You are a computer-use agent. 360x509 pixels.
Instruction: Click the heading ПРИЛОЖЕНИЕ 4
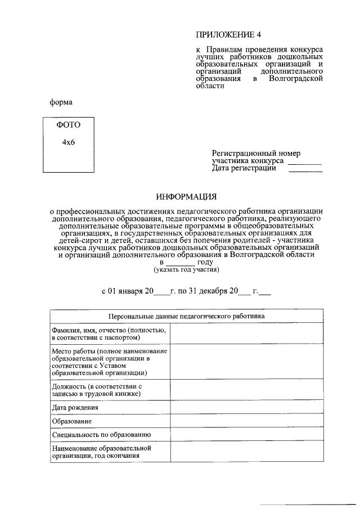tap(228, 34)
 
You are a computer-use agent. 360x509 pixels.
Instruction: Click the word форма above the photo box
tap(61, 102)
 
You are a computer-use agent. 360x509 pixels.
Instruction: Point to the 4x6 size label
tap(69, 142)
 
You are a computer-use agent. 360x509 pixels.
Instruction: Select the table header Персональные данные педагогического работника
tap(186, 316)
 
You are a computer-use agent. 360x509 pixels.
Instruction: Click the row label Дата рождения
tap(75, 407)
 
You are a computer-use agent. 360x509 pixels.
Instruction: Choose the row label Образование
tap(71, 421)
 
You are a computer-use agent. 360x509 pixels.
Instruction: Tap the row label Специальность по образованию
tap(101, 435)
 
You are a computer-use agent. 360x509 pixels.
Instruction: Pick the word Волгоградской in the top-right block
tap(296, 79)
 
